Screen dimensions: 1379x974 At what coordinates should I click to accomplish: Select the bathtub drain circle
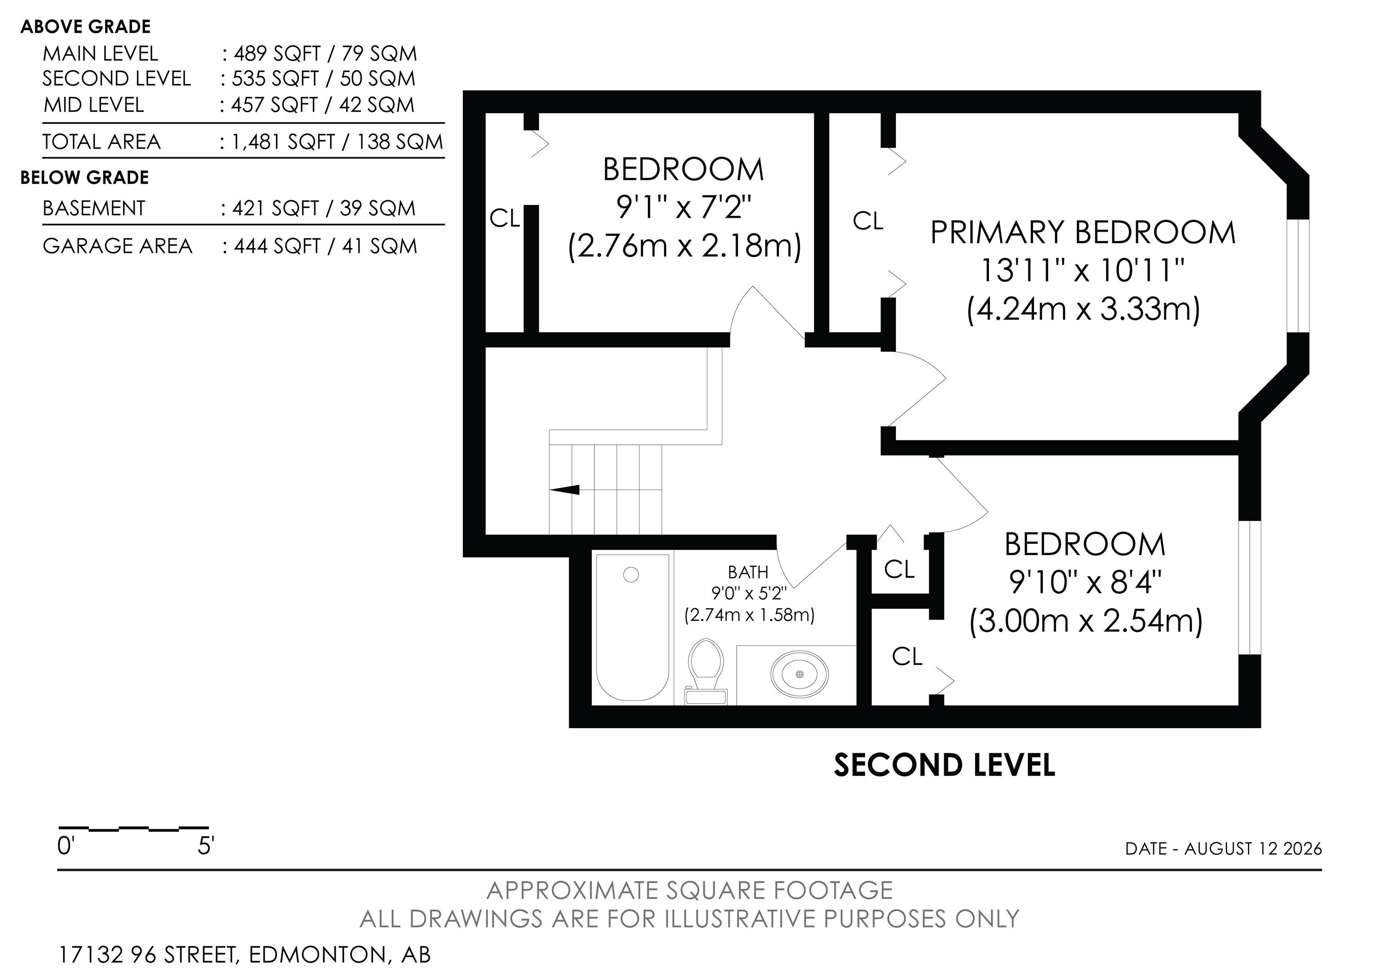coord(631,575)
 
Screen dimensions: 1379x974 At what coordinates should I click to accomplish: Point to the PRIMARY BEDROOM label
coord(1083,233)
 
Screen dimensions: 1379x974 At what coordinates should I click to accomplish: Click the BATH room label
coord(748,572)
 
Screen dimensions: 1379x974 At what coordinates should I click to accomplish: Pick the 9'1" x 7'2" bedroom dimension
coord(684,208)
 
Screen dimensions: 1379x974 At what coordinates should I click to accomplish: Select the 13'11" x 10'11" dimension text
coord(1083,270)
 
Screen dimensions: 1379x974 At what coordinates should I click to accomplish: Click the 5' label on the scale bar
coord(206,846)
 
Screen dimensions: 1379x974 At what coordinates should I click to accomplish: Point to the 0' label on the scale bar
coord(65,846)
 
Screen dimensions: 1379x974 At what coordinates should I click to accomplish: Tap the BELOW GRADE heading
coord(85,178)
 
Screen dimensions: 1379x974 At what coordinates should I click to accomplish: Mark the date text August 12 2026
coord(1253,848)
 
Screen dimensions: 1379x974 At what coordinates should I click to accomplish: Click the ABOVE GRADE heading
coord(85,27)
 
